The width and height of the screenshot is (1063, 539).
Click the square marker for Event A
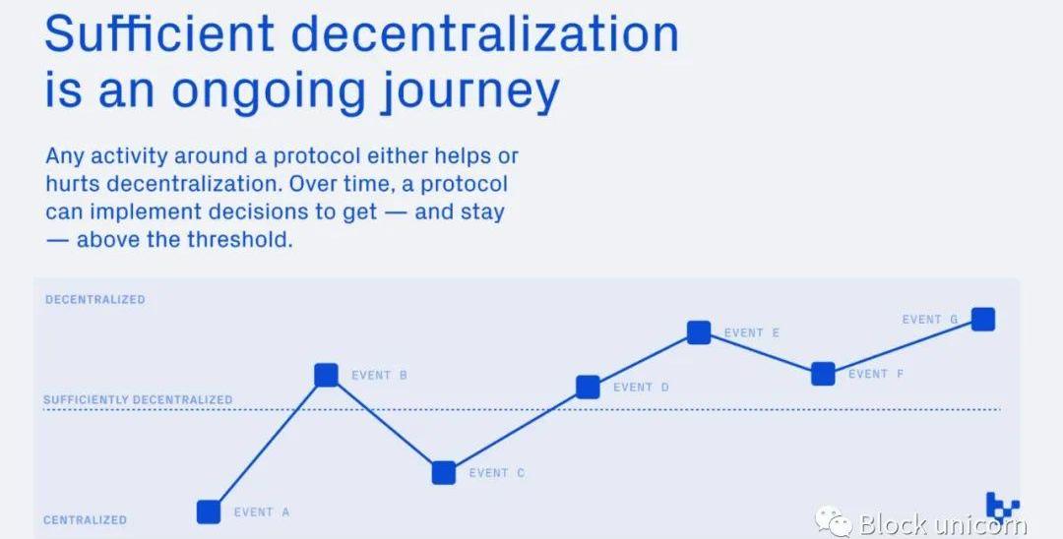(209, 511)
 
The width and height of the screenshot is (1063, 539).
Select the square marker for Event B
(326, 375)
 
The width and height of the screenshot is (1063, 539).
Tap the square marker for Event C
(444, 473)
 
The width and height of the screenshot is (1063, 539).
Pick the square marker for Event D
(588, 387)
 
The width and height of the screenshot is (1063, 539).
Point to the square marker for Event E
(699, 332)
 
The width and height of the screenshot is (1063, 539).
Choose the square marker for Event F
(823, 374)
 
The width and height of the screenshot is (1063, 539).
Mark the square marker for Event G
(983, 319)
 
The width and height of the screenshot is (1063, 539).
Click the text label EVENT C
(497, 473)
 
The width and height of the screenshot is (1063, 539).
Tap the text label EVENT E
(752, 333)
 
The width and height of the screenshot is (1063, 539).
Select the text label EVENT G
(930, 320)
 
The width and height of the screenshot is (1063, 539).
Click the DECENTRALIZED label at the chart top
(94, 299)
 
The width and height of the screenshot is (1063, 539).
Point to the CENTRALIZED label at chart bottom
(86, 520)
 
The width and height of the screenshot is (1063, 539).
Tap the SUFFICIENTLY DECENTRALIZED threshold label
(138, 399)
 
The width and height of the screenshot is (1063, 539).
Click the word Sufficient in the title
(159, 32)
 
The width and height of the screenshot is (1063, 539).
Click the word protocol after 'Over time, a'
(465, 184)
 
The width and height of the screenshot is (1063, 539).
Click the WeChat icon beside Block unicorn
(834, 521)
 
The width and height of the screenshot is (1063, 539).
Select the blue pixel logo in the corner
(1003, 506)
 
